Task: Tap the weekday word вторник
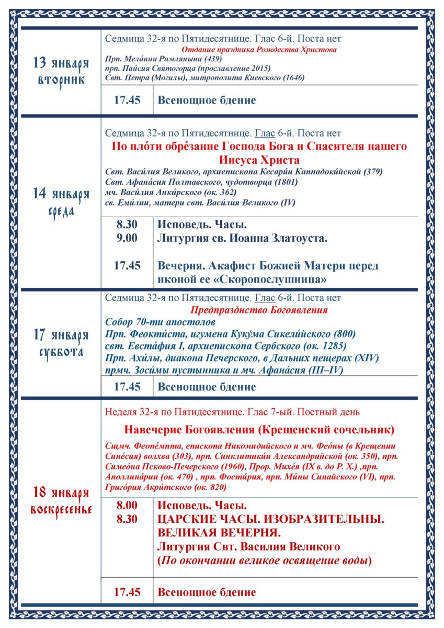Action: click(61, 82)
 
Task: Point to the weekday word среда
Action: click(61, 211)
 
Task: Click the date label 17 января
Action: click(61, 335)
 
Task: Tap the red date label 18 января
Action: click(61, 492)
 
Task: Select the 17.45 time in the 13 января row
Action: click(127, 100)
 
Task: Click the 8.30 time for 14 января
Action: click(127, 225)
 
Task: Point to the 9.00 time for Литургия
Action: click(127, 239)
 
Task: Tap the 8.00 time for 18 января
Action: click(127, 506)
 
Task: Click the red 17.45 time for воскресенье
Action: click(127, 592)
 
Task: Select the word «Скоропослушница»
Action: click(282, 280)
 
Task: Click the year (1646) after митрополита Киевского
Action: click(293, 77)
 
